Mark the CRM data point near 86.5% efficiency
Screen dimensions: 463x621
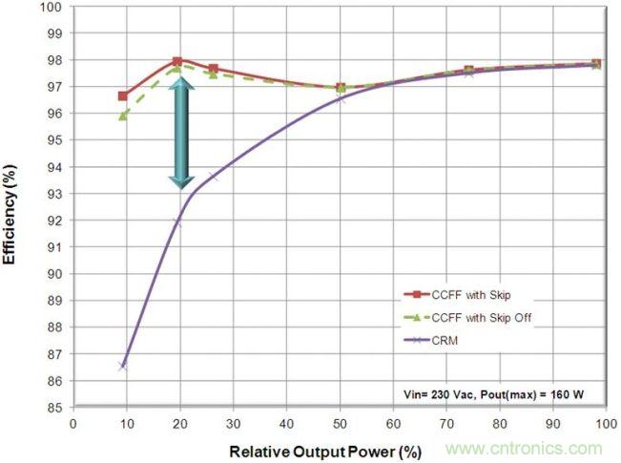tap(123, 366)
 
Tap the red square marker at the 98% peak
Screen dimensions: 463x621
tap(177, 61)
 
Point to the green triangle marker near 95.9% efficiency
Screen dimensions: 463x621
tap(123, 116)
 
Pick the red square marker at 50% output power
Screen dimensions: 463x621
tap(341, 88)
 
